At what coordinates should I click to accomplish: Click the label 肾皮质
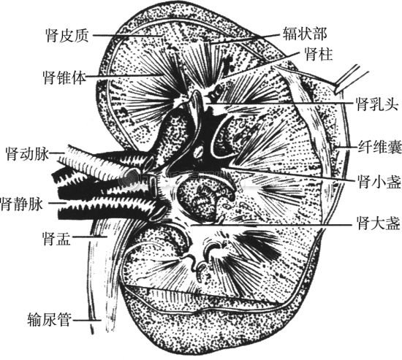click(67, 35)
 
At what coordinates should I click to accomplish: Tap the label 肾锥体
click(64, 77)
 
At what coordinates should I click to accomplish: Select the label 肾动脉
click(27, 153)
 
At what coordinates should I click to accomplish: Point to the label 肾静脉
click(22, 204)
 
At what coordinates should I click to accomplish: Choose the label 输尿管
click(49, 319)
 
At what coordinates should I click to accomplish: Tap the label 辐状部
click(305, 34)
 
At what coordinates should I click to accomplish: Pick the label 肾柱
click(318, 53)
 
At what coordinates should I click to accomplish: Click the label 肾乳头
click(378, 104)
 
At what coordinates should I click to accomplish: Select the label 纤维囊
click(379, 147)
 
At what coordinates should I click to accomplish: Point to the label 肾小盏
click(379, 181)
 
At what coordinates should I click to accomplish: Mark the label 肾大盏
click(379, 223)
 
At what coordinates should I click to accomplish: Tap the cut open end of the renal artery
click(132, 175)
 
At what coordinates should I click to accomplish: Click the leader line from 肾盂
click(89, 237)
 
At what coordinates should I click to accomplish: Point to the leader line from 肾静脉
click(58, 203)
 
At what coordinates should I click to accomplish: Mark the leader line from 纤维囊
click(346, 148)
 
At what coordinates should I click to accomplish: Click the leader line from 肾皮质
click(127, 35)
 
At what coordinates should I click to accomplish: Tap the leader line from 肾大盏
click(271, 225)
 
